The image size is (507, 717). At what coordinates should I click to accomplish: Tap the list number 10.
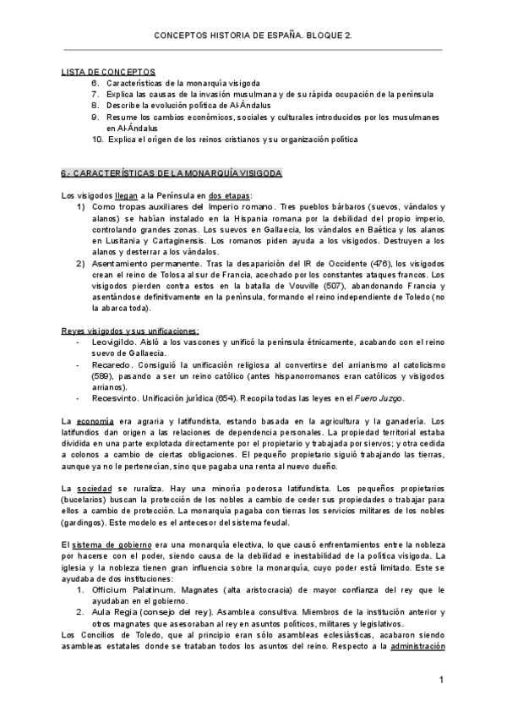pos(97,139)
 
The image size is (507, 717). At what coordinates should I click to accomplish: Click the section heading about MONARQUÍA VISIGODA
pos(172,172)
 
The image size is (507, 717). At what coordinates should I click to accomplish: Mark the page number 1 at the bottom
pos(441,681)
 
